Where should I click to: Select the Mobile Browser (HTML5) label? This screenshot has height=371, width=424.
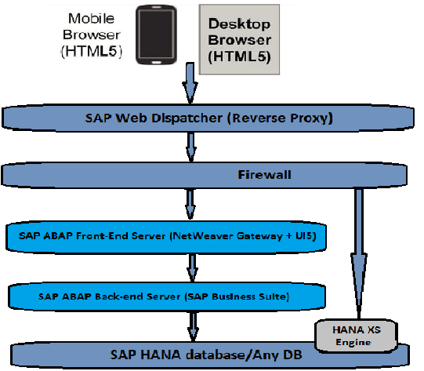point(91,35)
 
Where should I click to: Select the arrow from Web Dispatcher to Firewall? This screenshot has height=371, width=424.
point(189,146)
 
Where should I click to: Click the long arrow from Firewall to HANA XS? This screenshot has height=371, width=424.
point(359,243)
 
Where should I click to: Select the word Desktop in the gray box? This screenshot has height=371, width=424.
point(239,24)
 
